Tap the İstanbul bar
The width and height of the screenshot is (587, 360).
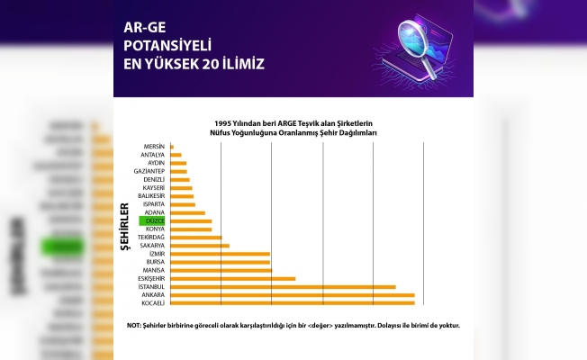point(282,287)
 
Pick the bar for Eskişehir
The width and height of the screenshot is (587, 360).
point(231,278)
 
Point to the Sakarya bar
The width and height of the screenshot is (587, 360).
point(199,245)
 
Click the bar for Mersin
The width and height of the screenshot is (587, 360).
point(171,146)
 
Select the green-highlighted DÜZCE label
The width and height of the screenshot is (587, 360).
point(152,220)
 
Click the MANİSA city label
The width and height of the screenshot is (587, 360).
point(153,270)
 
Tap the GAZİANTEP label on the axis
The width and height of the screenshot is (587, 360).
point(149,171)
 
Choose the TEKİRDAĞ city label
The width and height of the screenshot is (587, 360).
point(151,237)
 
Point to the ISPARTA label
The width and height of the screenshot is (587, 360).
point(153,204)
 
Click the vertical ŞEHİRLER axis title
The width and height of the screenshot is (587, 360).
point(124,221)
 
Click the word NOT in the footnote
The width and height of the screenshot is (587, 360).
point(134,325)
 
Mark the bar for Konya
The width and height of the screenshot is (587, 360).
point(190,229)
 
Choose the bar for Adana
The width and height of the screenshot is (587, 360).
point(187,212)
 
